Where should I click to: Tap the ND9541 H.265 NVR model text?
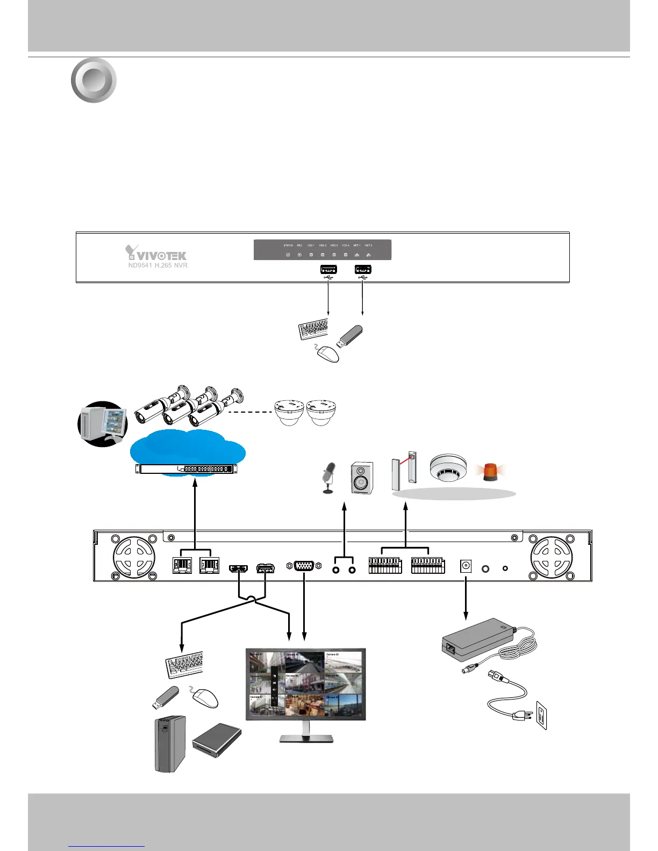158,265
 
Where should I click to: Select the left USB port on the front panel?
328,269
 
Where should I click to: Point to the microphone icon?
328,477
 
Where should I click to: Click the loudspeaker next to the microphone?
361,478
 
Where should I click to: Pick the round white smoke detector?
447,468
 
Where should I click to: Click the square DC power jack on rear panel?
466,566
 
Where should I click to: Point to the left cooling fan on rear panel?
134,558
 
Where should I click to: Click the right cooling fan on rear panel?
552,558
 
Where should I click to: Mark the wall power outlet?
541,717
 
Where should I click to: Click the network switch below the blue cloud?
186,468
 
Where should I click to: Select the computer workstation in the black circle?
103,424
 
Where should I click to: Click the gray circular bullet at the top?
94,80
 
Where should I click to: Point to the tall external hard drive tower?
169,744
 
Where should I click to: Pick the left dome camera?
290,412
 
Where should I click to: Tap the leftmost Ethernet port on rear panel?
182,566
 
